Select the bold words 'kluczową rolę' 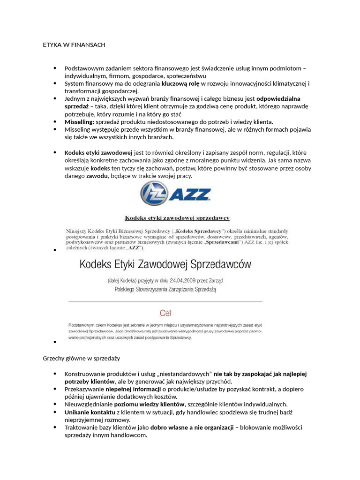(181, 83)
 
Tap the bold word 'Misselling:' (79, 121)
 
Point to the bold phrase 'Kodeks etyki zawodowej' (98, 153)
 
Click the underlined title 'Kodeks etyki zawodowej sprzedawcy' (176, 218)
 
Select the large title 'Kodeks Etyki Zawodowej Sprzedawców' (165, 264)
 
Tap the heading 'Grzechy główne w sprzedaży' (82, 358)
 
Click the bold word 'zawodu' (97, 176)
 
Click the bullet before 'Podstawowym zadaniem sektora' (55, 68)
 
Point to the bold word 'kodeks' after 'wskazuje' (100, 168)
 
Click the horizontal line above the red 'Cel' (165, 301)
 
